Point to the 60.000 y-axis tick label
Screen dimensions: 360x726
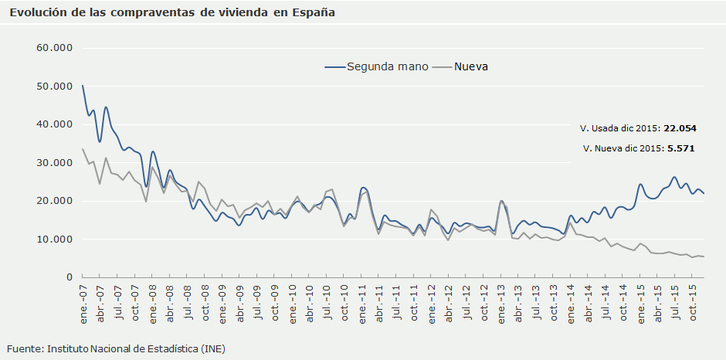pyautogui.click(x=54, y=48)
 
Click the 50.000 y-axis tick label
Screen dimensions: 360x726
pyautogui.click(x=54, y=87)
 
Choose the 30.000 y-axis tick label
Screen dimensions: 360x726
pyautogui.click(x=54, y=163)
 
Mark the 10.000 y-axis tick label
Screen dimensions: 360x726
pyautogui.click(x=54, y=239)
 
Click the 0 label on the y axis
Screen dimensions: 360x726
pyautogui.click(x=68, y=277)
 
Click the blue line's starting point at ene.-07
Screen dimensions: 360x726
pyautogui.click(x=83, y=86)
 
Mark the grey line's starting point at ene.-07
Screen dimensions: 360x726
pyautogui.click(x=83, y=149)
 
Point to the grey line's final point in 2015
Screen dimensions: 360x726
pyautogui.click(x=704, y=256)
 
